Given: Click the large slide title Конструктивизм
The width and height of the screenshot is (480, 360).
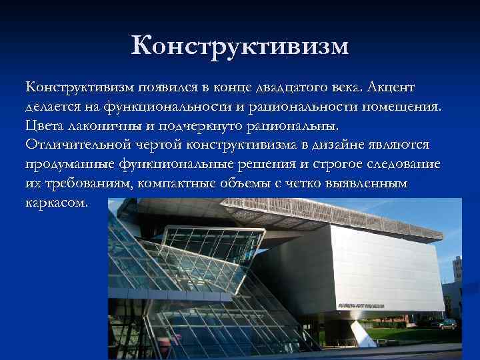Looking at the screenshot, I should tap(240, 46).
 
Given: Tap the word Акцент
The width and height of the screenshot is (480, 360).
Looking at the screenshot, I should tap(391, 87).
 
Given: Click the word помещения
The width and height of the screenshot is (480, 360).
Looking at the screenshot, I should tap(399, 107).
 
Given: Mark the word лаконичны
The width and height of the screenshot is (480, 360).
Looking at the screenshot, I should tap(110, 125).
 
